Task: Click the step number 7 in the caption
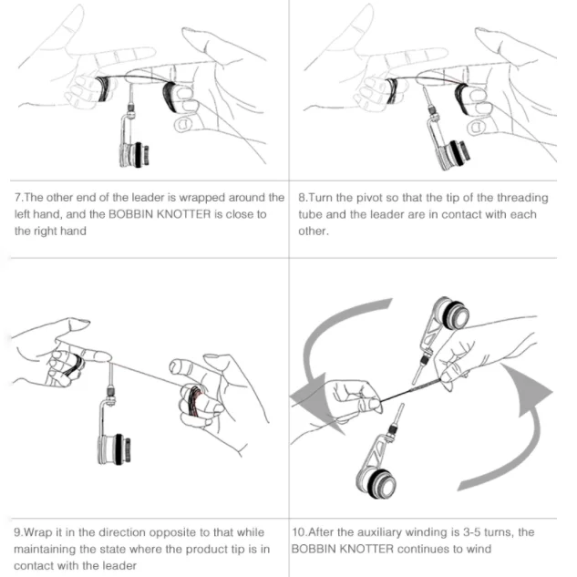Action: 17,198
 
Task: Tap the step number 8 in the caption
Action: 303,198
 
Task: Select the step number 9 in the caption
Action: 17,531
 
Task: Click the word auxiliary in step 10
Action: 376,531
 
